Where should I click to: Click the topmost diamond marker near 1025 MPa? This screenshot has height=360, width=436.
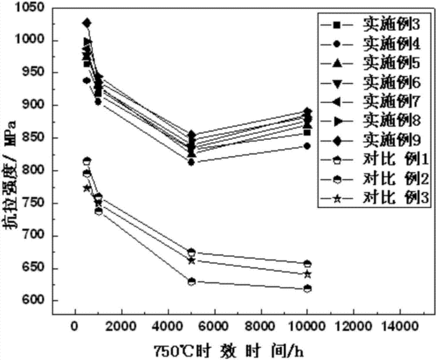tap(87, 23)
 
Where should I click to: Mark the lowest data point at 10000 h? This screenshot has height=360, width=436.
tap(307, 289)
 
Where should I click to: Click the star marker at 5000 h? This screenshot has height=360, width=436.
tap(192, 260)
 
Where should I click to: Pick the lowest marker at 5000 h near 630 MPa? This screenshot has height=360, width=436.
tap(192, 281)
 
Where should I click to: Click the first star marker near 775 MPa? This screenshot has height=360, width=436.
tap(87, 188)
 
